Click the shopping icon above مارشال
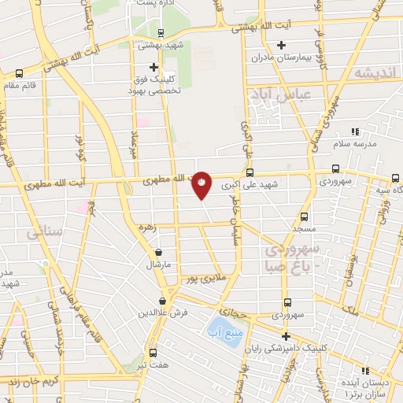click(161, 253)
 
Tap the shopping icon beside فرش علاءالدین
click(161, 301)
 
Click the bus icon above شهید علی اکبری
click(250, 173)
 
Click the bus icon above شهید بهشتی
click(161, 33)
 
